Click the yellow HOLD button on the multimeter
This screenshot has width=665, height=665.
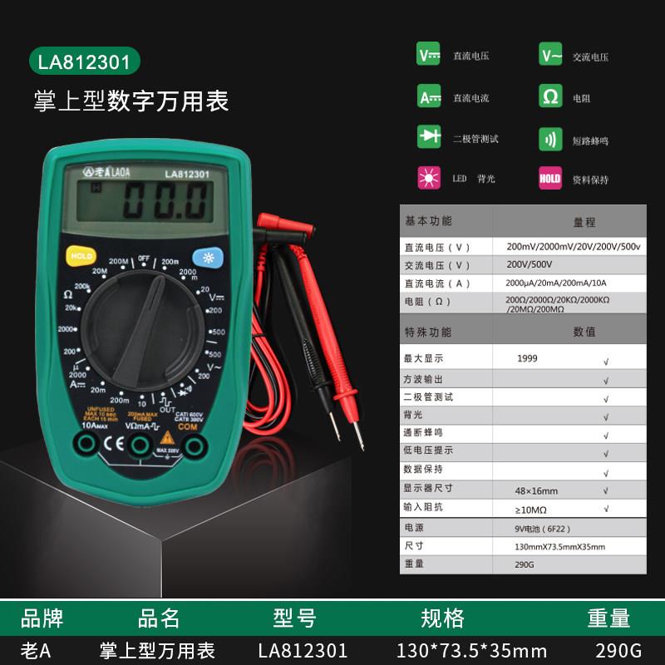(x=81, y=256)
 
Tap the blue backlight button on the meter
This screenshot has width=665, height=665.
(x=205, y=256)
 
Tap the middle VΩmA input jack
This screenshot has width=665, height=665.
(x=140, y=447)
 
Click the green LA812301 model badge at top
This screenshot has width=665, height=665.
(x=83, y=62)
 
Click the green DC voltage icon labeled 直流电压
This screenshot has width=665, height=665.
(x=429, y=56)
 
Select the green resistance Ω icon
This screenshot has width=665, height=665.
(x=550, y=96)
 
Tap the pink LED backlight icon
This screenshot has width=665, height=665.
(x=429, y=177)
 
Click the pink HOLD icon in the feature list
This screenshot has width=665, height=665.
(x=550, y=178)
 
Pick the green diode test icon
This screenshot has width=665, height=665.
(x=429, y=137)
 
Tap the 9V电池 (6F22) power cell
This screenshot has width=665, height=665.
(x=544, y=528)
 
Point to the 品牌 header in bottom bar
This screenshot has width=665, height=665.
(x=42, y=618)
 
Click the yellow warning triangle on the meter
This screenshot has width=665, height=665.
(x=167, y=437)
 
